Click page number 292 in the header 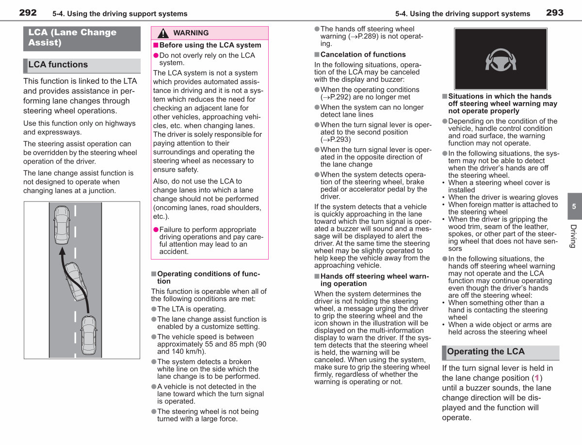coord(28,13)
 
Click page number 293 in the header coord(555,13)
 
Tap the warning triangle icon coord(163,33)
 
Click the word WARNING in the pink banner coord(191,33)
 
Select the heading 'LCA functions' coord(58,64)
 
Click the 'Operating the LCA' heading coord(485,352)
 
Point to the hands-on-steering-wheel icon coord(501,60)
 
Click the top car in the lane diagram coord(62,225)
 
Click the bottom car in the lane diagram coord(89,335)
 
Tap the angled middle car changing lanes coord(76,281)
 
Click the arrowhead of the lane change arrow coord(62,251)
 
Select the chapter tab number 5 coord(574,206)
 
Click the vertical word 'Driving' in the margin coord(573,236)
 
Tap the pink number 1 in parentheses coord(537,378)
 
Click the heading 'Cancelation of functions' coord(363,55)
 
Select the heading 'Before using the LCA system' coord(210,45)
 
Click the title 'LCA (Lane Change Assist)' coord(72,37)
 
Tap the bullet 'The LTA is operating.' coord(191,309)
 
